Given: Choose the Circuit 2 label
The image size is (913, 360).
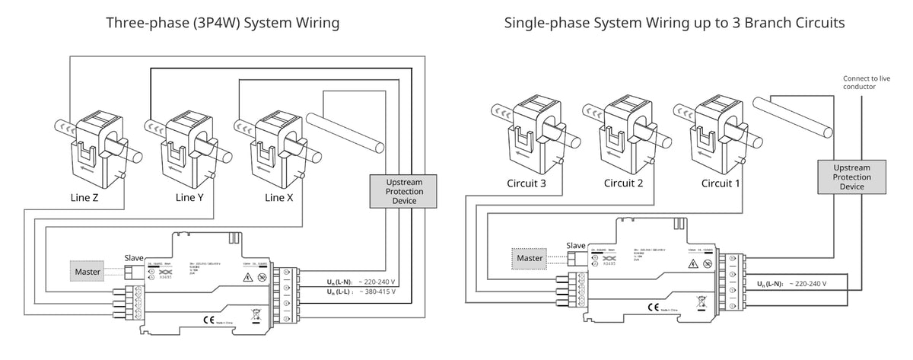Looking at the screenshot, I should [x=623, y=183].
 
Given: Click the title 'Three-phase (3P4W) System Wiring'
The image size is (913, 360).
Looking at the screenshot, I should [x=223, y=24].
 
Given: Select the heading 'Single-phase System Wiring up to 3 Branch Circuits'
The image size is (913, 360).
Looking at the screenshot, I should [x=674, y=24].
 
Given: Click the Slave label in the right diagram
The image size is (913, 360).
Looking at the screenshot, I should [x=577, y=245].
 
